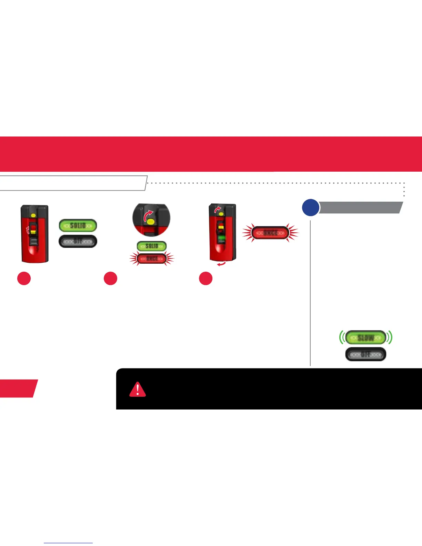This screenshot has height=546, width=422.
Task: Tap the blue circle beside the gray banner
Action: coord(310,208)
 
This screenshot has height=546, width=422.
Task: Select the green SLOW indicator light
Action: coord(365,337)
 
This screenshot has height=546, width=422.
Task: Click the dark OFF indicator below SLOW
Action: coord(365,354)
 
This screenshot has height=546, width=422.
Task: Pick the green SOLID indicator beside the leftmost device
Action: coord(78,225)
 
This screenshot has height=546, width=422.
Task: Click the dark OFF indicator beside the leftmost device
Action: coord(78,241)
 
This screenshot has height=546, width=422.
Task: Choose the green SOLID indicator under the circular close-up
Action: coord(152,246)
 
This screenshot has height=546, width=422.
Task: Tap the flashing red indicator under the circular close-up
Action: coord(152,259)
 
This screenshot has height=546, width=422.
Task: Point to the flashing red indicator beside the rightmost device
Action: coord(270,233)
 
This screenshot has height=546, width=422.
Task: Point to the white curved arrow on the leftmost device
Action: coord(28,230)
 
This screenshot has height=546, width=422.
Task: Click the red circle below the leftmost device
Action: coord(24,279)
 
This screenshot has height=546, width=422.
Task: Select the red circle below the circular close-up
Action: coord(110,279)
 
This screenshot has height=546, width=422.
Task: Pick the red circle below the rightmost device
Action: coord(206,279)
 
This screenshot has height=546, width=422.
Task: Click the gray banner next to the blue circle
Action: coord(360,208)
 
